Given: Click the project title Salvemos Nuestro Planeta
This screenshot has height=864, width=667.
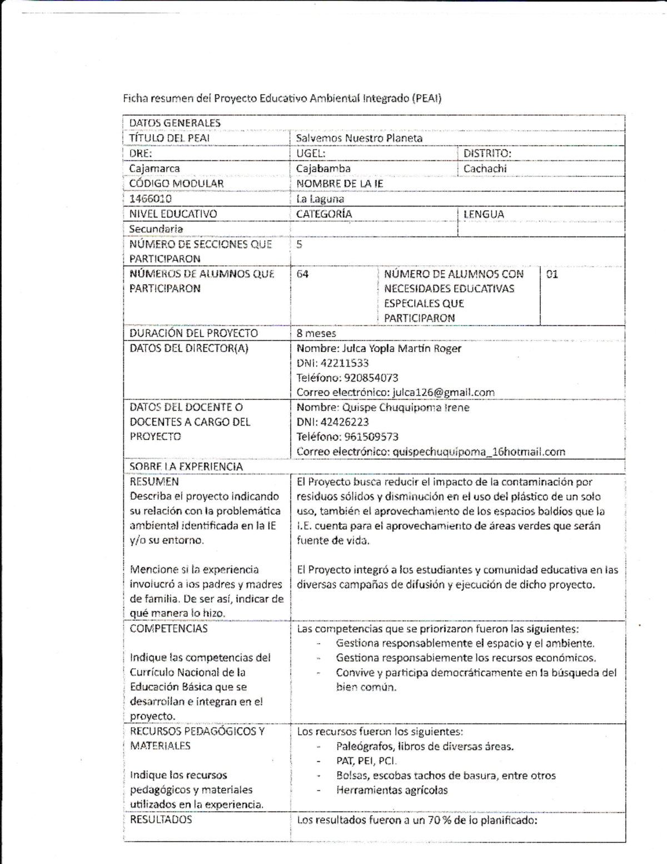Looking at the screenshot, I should click(x=359, y=138).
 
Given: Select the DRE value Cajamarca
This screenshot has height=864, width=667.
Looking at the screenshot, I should click(x=155, y=169).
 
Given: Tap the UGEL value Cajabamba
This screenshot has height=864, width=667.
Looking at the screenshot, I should click(x=323, y=169).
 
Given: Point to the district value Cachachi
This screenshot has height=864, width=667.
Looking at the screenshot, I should click(x=485, y=169).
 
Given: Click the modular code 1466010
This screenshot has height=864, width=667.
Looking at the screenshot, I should click(x=150, y=199).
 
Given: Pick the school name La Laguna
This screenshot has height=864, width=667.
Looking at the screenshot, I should click(x=320, y=199).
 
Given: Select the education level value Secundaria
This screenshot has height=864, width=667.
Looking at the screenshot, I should click(x=156, y=229).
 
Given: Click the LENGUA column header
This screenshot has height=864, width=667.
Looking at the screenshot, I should click(x=484, y=214).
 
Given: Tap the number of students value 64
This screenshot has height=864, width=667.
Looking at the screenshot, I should click(x=302, y=274).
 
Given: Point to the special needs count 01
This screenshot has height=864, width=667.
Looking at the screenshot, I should click(x=552, y=274).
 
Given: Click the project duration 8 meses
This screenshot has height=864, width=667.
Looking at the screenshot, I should click(x=316, y=333).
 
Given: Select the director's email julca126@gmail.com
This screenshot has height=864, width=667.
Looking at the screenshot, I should click(x=443, y=392).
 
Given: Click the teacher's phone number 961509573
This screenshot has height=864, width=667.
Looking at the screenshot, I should click(x=371, y=437).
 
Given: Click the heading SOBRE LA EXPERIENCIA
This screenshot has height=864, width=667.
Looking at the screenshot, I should click(x=186, y=466).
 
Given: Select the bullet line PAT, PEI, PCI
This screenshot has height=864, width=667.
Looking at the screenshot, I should click(x=366, y=761).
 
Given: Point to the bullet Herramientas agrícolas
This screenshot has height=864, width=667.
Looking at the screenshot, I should click(x=391, y=790).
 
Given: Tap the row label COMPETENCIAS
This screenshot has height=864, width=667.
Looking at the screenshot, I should click(x=168, y=628).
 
